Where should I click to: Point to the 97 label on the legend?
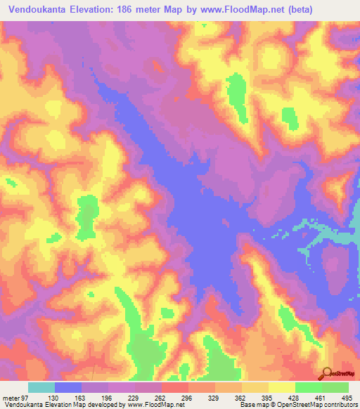pyautogui.click(x=25, y=398)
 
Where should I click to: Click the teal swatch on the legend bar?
pyautogui.click(x=41, y=387)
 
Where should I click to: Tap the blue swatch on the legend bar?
pyautogui.click(x=68, y=387)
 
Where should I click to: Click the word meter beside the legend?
pyautogui.click(x=10, y=398)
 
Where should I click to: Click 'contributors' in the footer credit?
pyautogui.click(x=340, y=405)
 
